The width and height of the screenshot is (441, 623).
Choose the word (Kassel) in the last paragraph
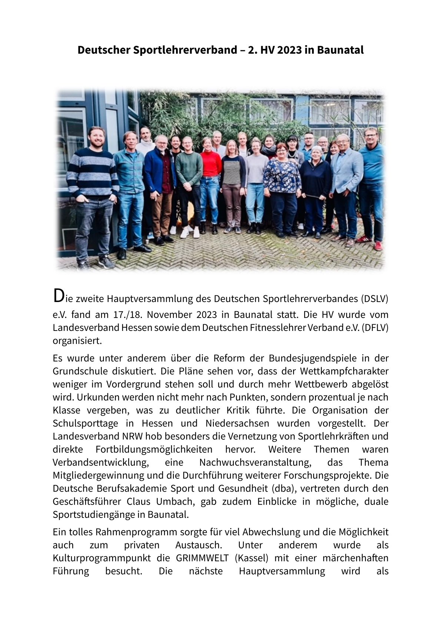coord(252,558)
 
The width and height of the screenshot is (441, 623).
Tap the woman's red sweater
coord(211,164)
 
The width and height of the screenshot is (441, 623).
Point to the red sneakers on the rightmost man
coord(378,245)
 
